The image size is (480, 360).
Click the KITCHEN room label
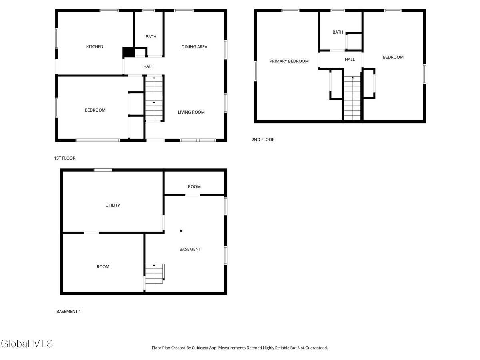(95, 47)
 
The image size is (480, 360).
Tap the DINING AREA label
(194, 47)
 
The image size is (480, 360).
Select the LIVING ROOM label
(191, 112)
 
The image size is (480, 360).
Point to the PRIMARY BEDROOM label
(289, 61)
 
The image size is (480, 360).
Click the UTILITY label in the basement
(113, 205)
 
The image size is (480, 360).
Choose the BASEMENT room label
(190, 249)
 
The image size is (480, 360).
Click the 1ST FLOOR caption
(65, 158)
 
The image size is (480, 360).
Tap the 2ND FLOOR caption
(263, 140)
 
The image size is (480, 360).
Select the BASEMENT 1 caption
(69, 311)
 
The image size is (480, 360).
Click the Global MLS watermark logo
(27, 344)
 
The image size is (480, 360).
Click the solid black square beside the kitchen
(128, 52)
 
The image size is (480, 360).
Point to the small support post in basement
(181, 230)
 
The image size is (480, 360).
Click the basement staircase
(155, 274)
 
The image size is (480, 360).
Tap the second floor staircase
(352, 98)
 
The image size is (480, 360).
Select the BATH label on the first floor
(151, 37)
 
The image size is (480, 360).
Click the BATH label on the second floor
(338, 32)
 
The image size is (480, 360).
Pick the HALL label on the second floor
(350, 60)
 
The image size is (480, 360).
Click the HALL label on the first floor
(148, 67)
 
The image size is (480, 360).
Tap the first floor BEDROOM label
(95, 110)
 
